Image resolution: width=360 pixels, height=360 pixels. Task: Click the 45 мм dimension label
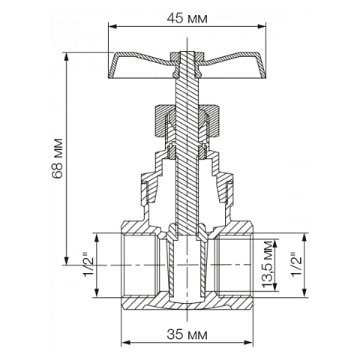coord(187,16)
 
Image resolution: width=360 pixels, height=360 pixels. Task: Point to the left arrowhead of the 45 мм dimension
coord(112,28)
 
